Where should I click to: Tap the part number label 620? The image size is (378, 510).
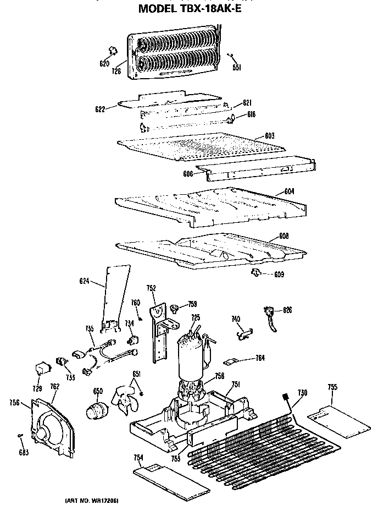click(x=104, y=63)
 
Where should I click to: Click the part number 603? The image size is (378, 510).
click(x=269, y=135)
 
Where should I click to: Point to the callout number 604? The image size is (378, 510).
click(x=290, y=191)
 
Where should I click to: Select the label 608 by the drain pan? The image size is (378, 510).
click(x=283, y=236)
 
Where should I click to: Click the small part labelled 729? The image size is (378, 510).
click(x=40, y=366)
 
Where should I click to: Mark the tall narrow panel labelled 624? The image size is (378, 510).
click(x=116, y=297)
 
